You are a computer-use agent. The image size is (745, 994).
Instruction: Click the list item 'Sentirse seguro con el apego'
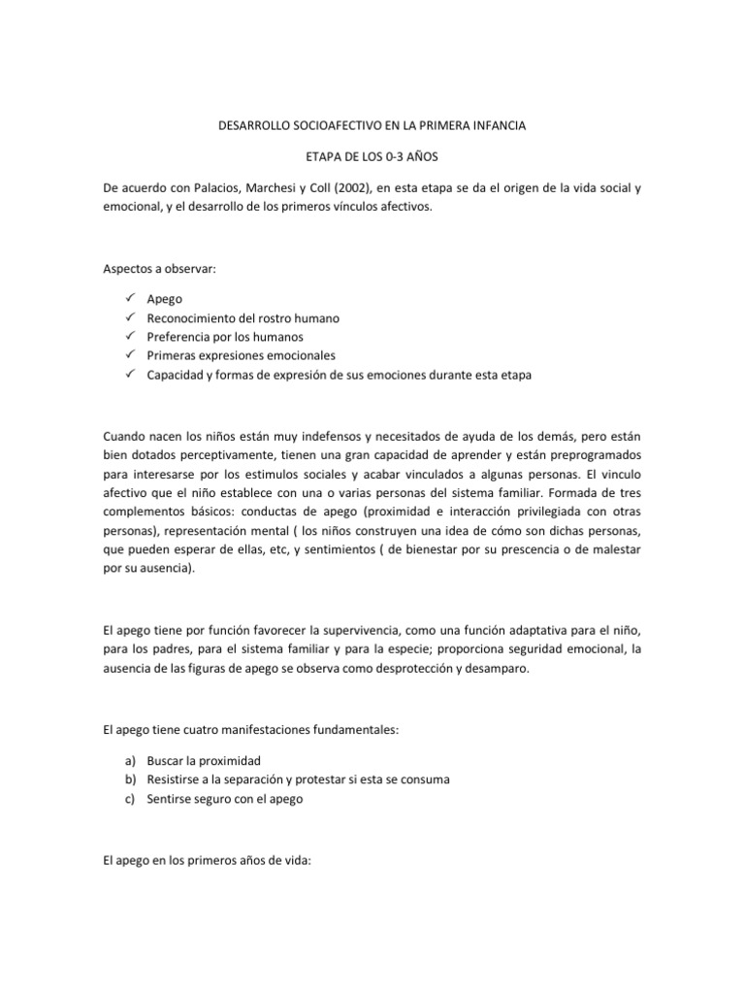click(x=226, y=799)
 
